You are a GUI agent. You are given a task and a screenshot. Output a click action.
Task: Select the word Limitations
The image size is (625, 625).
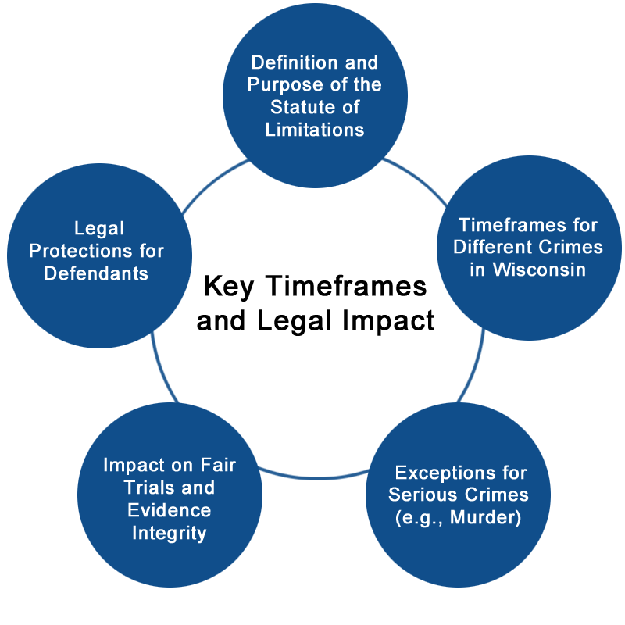coord(315,130)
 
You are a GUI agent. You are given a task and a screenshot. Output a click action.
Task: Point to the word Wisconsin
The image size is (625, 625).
coord(539,270)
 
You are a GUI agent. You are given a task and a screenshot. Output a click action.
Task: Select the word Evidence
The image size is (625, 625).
coord(169,510)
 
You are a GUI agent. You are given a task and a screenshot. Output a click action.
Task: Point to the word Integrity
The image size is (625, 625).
coord(170,534)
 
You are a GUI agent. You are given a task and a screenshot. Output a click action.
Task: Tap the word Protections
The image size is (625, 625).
coord(81,251)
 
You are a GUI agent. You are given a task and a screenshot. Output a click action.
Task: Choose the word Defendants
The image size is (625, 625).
coord(96,273)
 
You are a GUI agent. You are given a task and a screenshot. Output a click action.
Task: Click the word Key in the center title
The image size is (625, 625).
coord(229,287)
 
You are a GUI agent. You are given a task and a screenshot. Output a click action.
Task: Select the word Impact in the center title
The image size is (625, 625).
coord(388,321)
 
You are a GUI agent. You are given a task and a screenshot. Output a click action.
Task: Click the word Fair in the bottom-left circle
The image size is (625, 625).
coord(218,465)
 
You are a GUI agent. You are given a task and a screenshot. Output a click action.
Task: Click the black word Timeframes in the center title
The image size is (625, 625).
coord(346,286)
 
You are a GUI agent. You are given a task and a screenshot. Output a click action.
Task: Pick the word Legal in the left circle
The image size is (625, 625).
coord(99,229)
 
